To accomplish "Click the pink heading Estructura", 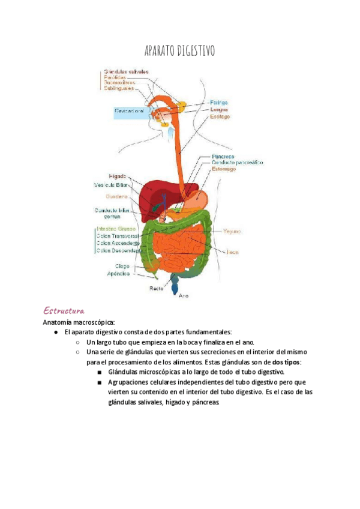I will tap(63, 310).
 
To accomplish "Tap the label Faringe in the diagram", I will tap(219, 103).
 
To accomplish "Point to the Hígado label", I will tap(118, 176).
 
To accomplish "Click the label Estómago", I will tap(223, 169).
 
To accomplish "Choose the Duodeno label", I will tap(116, 196).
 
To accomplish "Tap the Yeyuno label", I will tap(232, 230).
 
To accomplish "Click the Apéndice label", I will tap(119, 274).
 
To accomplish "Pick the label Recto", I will tap(157, 289).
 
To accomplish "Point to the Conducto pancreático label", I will tap(236, 162).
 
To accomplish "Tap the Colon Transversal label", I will tap(118, 236).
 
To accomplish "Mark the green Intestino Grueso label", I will tap(116, 229).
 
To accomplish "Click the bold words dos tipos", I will tap(287, 363).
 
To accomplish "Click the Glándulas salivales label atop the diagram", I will tap(126, 71).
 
